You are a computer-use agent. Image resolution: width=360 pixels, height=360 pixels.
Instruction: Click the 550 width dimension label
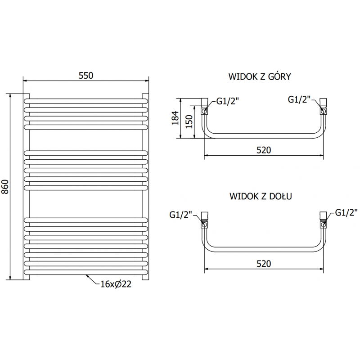tap(85, 76)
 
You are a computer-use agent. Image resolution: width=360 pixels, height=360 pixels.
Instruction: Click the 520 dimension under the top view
tap(264, 150)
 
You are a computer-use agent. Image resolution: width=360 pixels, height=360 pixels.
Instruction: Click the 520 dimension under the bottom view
tap(264, 264)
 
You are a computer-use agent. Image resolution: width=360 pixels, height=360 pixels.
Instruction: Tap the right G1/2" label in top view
tap(298, 99)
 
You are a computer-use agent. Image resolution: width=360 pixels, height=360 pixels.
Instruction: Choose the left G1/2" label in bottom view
tap(180, 214)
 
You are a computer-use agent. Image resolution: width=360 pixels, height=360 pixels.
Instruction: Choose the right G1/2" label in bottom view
tap(345, 212)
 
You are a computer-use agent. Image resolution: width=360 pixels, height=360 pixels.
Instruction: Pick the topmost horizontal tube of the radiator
tap(85, 99)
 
